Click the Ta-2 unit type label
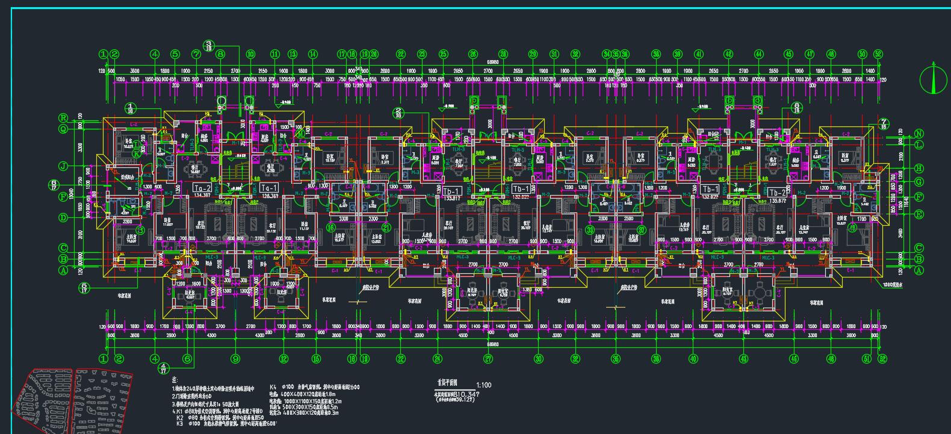click(202, 188)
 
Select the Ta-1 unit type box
click(268, 188)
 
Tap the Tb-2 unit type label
click(777, 192)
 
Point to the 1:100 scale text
click(483, 384)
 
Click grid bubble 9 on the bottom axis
click(235, 359)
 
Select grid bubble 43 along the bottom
click(744, 359)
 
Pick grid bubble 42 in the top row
click(728, 54)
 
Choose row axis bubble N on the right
click(919, 134)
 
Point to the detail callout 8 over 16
click(797, 108)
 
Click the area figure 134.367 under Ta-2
click(202, 196)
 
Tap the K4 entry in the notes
click(273, 387)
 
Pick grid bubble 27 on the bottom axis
click(489, 359)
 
